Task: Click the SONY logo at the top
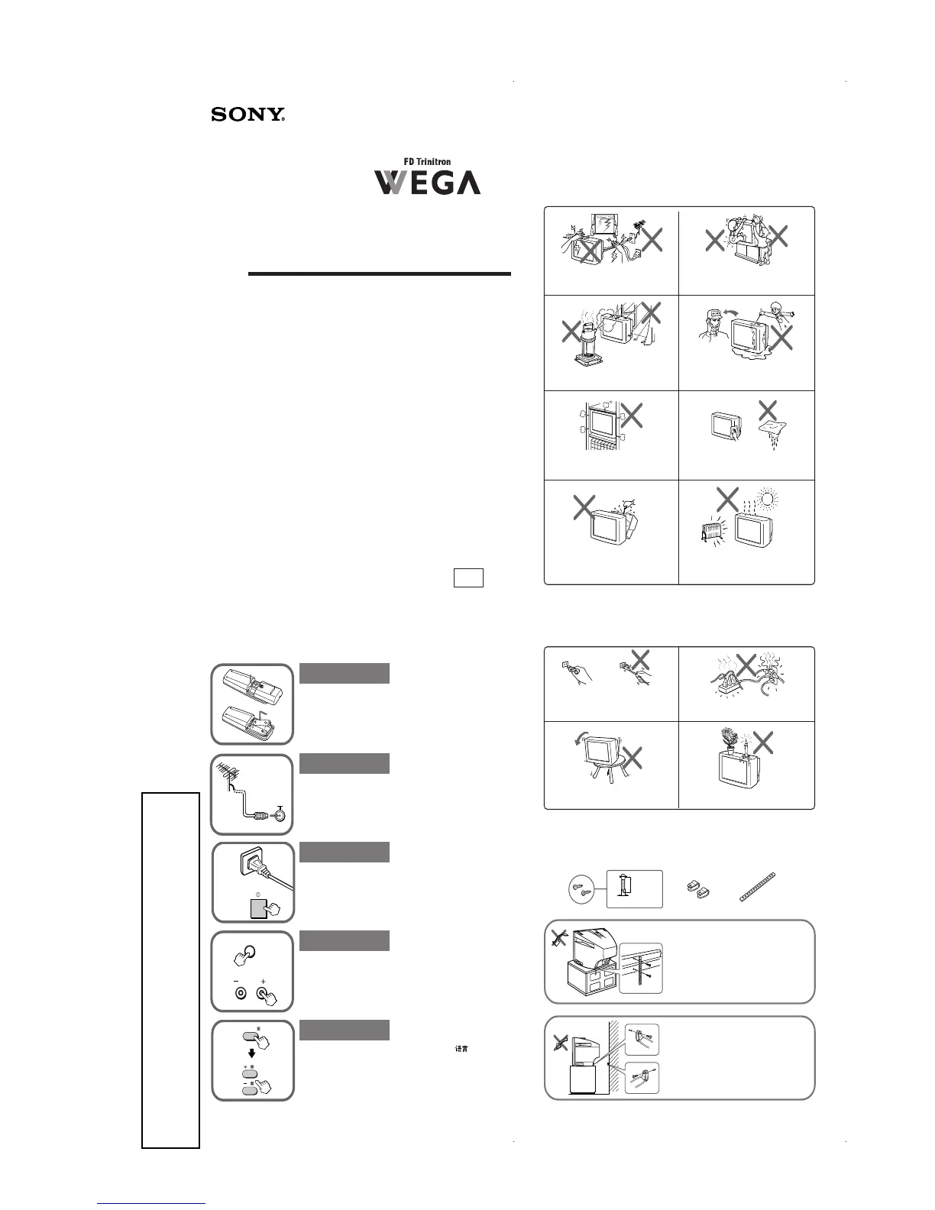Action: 247,115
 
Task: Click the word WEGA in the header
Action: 427,183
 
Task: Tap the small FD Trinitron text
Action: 427,162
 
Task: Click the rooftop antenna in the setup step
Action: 230,775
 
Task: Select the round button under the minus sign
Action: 240,993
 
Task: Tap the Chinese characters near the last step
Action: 461,1049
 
